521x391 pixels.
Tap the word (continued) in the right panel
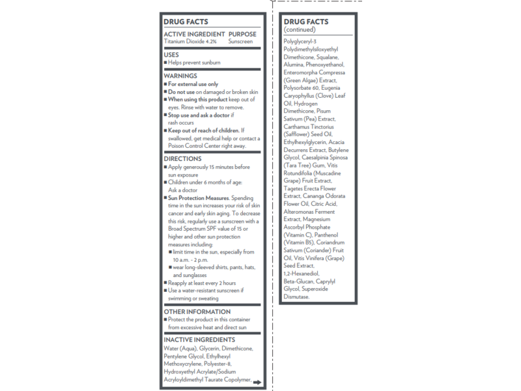click(x=300, y=30)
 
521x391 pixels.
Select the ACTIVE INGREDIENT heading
click(x=193, y=34)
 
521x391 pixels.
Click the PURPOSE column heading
click(x=242, y=34)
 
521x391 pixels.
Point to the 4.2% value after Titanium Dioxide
click(x=211, y=41)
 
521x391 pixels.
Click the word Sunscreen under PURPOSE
click(x=240, y=41)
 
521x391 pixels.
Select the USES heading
click(x=171, y=55)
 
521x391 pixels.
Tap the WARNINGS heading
click(x=180, y=76)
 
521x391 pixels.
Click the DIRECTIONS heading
click(x=182, y=158)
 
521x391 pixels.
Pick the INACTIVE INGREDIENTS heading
click(x=199, y=340)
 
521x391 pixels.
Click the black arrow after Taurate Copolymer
click(x=257, y=383)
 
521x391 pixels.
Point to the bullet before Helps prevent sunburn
click(x=165, y=63)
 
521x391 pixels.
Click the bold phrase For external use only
click(x=193, y=84)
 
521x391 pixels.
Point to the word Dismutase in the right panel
click(x=296, y=297)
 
